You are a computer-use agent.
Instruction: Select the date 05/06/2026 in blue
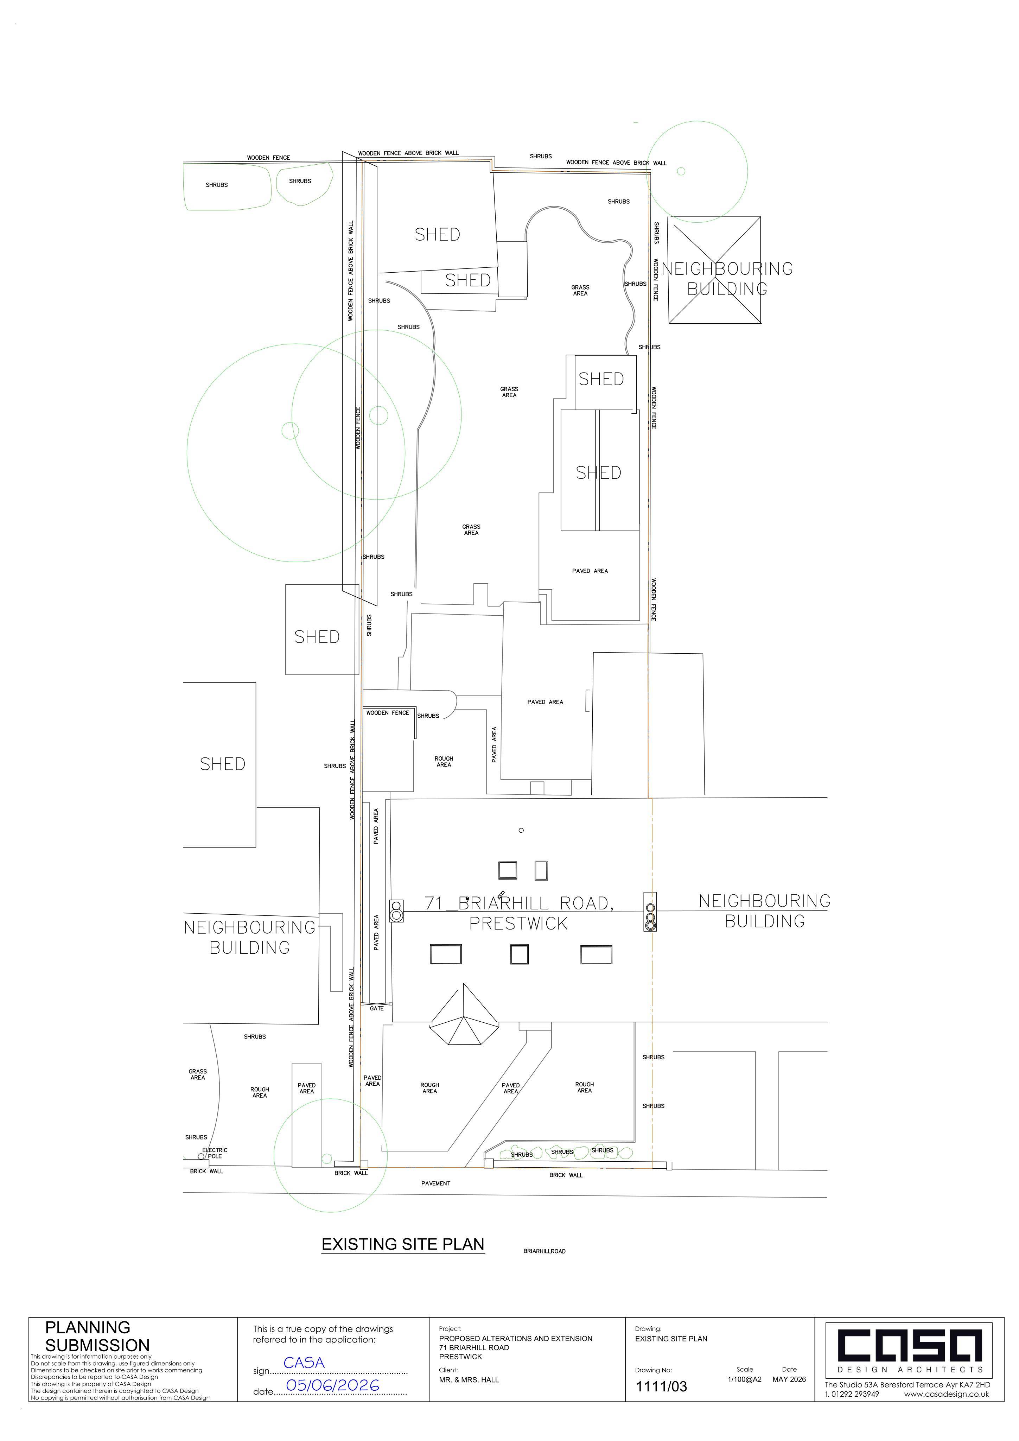pos(332,1385)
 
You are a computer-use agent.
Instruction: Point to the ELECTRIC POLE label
pos(215,1153)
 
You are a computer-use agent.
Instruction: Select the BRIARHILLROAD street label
pos(544,1251)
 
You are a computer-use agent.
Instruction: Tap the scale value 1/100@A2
pos(745,1379)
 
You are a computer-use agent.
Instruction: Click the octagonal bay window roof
pos(464,1015)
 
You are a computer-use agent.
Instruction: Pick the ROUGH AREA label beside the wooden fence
pos(444,761)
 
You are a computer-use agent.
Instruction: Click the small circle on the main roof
pos(521,830)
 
